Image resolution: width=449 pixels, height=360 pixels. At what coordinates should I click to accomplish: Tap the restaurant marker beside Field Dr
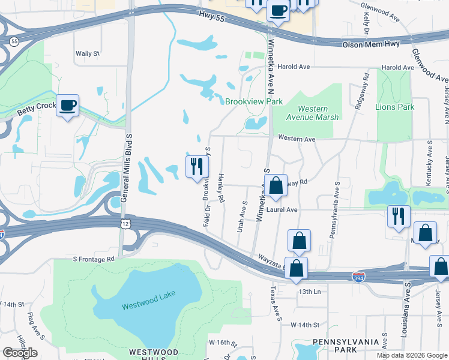point(197,166)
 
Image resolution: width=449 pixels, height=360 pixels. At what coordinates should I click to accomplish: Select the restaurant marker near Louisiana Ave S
point(399,217)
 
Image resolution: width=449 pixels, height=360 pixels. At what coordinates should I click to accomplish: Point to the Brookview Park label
point(254,102)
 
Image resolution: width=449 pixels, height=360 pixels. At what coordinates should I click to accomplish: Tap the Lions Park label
point(394,107)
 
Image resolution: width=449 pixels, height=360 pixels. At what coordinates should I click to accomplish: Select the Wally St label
point(87,54)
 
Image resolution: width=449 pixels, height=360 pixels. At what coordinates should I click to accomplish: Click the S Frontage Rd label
point(94,259)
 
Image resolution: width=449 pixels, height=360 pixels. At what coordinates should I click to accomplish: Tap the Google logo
point(20,353)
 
